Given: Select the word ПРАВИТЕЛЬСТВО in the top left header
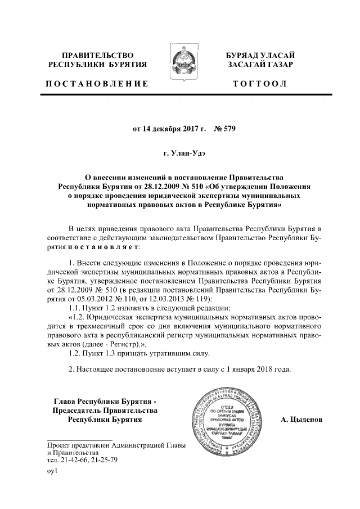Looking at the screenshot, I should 97,55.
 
